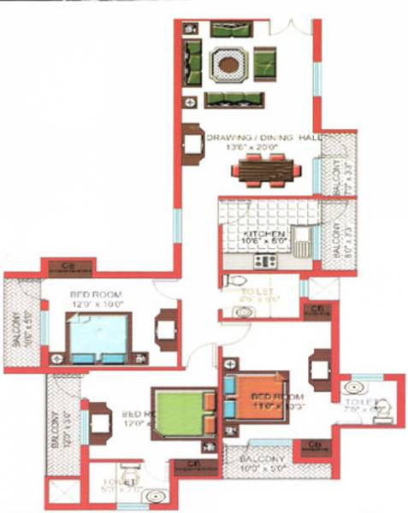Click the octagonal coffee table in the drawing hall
(x=227, y=63)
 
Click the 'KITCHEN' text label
(x=263, y=233)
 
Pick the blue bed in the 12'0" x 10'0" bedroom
(x=99, y=338)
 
